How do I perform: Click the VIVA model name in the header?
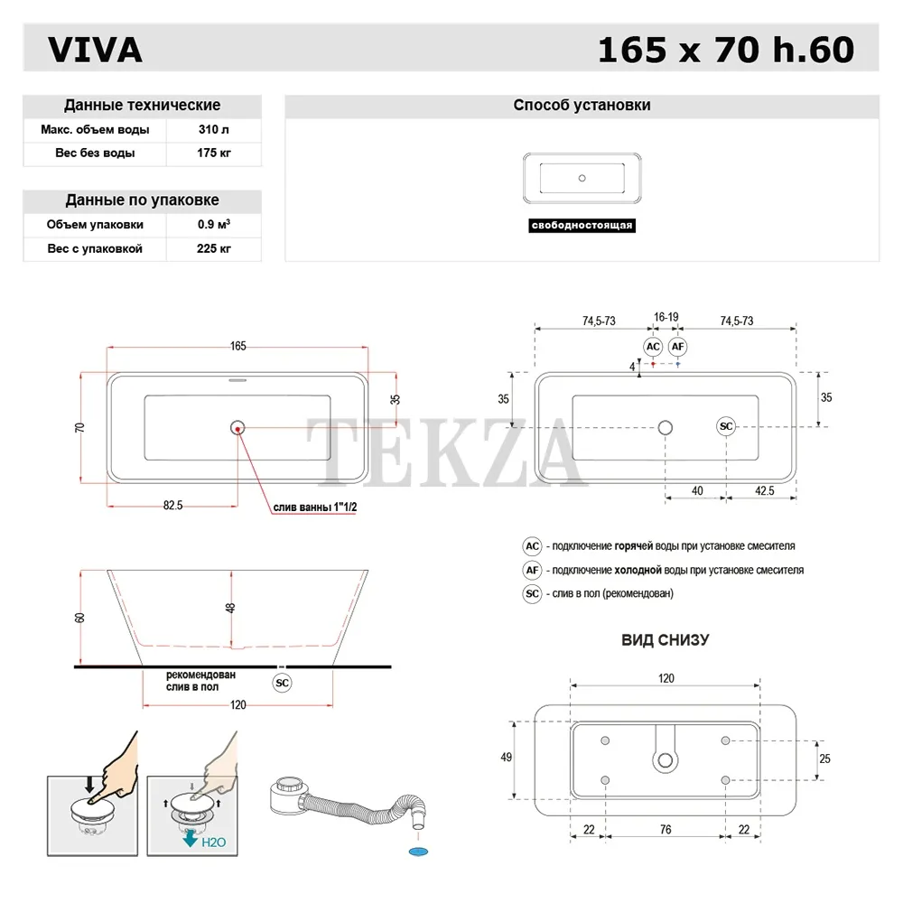pyautogui.click(x=95, y=51)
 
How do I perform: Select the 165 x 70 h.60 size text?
pyautogui.click(x=725, y=51)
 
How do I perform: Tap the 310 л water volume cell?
pyautogui.click(x=214, y=130)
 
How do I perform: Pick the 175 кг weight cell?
pyautogui.click(x=214, y=154)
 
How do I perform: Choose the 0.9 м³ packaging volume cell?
pyautogui.click(x=214, y=225)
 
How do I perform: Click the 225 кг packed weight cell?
pyautogui.click(x=214, y=248)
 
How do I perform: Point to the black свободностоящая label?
pyautogui.click(x=582, y=226)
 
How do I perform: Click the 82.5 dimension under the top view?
pyautogui.click(x=173, y=506)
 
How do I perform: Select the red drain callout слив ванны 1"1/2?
pyautogui.click(x=317, y=508)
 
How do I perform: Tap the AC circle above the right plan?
pyautogui.click(x=653, y=347)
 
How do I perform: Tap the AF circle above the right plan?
pyautogui.click(x=678, y=347)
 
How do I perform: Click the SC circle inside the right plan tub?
pyautogui.click(x=727, y=426)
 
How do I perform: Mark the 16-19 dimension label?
pyautogui.click(x=666, y=318)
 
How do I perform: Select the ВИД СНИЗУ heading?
pyautogui.click(x=665, y=639)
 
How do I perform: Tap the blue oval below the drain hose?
pyautogui.click(x=417, y=851)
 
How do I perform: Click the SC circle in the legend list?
pyautogui.click(x=533, y=593)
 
